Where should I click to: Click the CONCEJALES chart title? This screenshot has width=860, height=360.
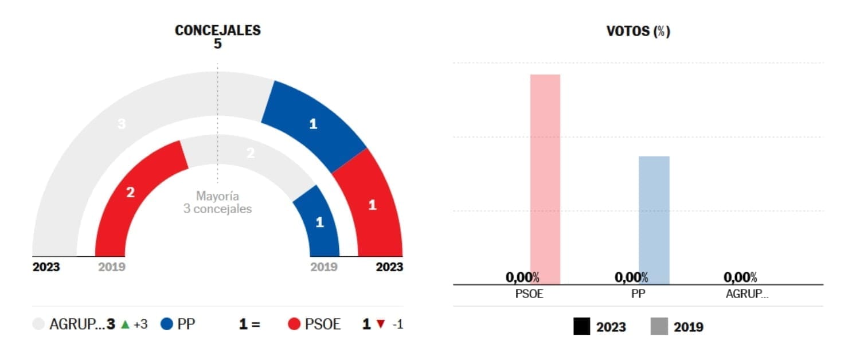(217, 30)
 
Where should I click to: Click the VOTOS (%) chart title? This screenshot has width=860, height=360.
(638, 32)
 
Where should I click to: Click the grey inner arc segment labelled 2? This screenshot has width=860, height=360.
(249, 154)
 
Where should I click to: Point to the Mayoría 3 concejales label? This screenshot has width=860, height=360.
(217, 203)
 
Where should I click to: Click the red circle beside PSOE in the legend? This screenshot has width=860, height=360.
(294, 324)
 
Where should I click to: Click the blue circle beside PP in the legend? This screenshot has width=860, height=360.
(167, 324)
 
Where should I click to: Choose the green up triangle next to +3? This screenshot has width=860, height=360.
(125, 324)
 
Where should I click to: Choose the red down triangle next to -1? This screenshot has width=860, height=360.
(381, 324)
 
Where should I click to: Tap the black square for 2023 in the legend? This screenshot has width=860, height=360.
(581, 327)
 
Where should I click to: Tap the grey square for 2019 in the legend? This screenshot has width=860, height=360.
(659, 327)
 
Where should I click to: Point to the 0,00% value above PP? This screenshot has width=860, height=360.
(631, 278)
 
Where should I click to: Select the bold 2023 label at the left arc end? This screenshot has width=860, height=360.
(46, 267)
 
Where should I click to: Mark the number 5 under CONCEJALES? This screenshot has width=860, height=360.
(217, 44)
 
